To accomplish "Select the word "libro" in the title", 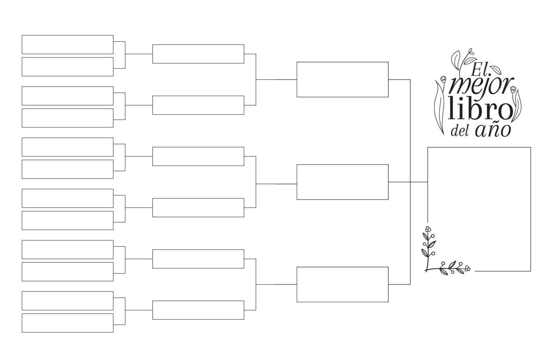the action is [481, 108].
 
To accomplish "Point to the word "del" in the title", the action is [460, 130].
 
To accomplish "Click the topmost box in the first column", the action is [68, 44].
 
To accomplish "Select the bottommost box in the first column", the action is [68, 323].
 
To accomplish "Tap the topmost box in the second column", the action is [198, 54].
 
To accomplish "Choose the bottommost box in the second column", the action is [198, 310].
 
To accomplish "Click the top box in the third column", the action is [343, 79].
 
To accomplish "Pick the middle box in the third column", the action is [343, 182].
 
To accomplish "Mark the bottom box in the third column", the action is [343, 285].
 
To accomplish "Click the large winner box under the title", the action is [531, 209].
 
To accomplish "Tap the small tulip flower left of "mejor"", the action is [443, 79].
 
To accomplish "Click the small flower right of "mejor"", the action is [513, 90].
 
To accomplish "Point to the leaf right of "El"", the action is [495, 70].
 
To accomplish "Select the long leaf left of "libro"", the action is [439, 108].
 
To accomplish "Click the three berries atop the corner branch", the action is [428, 229].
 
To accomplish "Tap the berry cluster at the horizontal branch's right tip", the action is [467, 268].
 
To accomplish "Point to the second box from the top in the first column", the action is [68, 67].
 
